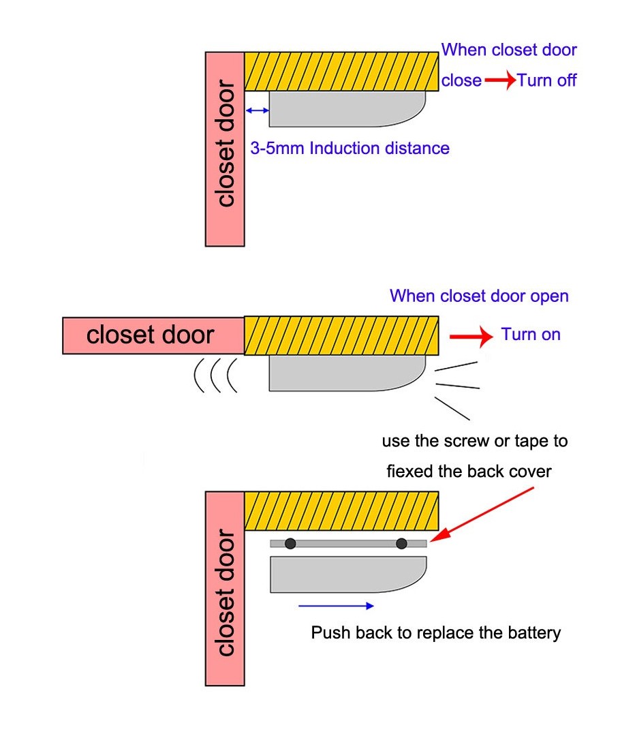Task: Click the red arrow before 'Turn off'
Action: [x=499, y=80]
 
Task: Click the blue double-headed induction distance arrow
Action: [x=257, y=110]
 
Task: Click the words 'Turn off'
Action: [x=546, y=80]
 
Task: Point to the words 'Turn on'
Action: [x=531, y=335]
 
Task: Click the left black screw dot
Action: [x=290, y=543]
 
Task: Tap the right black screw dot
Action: [x=401, y=543]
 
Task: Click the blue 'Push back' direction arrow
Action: [x=336, y=604]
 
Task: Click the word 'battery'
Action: [x=533, y=632]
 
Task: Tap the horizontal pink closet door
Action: [x=153, y=335]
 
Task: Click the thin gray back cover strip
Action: [x=348, y=543]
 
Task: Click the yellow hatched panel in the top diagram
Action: [x=341, y=71]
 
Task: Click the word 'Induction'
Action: [x=345, y=148]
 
